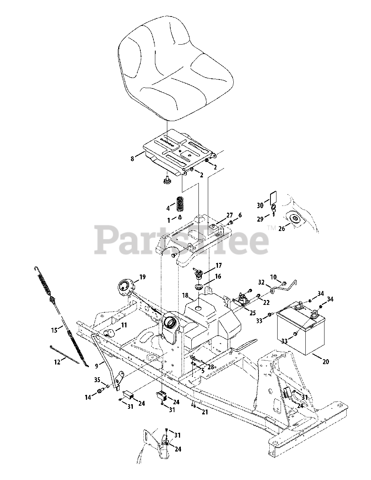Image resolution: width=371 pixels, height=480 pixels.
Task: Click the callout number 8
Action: (132, 159)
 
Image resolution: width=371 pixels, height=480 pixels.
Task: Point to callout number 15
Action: (55, 330)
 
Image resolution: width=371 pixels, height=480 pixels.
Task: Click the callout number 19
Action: (142, 277)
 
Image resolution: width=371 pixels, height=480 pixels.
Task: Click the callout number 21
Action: (204, 412)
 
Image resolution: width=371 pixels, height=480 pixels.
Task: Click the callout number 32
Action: (261, 282)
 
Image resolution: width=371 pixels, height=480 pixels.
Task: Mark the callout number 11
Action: (123, 325)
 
